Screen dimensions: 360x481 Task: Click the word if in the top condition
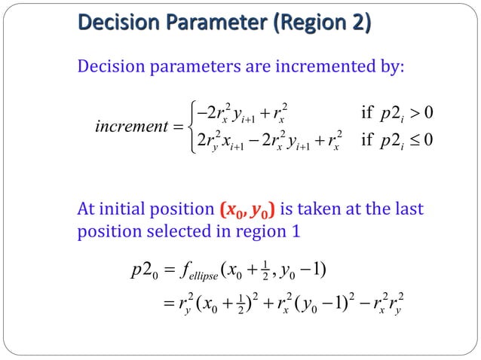click(368, 113)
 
